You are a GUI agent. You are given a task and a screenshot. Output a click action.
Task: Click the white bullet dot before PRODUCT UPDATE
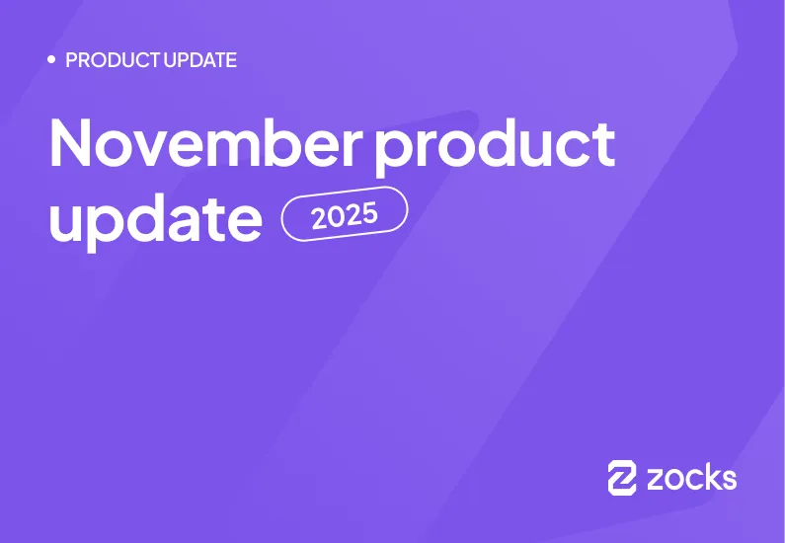coord(51,60)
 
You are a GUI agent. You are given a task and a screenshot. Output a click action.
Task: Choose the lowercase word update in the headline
coord(155,220)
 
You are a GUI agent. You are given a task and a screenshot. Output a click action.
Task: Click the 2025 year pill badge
coord(345,213)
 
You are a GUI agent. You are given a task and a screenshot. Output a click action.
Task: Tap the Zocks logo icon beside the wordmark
coord(622,478)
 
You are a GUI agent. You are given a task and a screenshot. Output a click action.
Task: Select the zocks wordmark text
coord(691,479)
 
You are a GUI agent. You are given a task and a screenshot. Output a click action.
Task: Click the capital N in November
coord(72,143)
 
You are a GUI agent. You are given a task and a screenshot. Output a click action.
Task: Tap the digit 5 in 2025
coord(370,209)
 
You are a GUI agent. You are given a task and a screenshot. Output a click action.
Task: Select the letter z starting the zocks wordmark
coord(656,481)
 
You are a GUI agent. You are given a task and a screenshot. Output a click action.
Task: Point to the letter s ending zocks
coord(728,481)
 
